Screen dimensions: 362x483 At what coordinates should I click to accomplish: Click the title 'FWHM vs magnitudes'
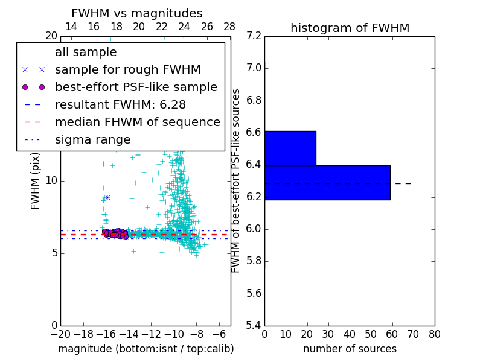click(136, 14)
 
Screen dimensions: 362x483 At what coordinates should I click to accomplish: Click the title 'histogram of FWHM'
click(350, 28)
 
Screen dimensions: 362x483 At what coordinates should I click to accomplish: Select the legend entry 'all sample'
click(86, 52)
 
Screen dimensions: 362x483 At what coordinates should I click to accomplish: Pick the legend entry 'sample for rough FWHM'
click(127, 69)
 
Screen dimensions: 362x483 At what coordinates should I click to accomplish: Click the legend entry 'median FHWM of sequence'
click(137, 122)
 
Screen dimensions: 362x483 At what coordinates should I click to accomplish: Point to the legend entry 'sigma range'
click(92, 139)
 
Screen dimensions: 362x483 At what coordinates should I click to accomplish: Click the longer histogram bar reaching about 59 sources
click(327, 182)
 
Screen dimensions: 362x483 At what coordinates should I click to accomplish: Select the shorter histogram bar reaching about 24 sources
click(290, 148)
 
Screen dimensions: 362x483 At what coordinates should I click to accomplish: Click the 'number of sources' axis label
click(350, 349)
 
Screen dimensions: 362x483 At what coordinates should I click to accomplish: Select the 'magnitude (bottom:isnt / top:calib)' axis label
click(146, 349)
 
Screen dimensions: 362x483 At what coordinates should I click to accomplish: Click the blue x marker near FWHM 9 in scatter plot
click(107, 197)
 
